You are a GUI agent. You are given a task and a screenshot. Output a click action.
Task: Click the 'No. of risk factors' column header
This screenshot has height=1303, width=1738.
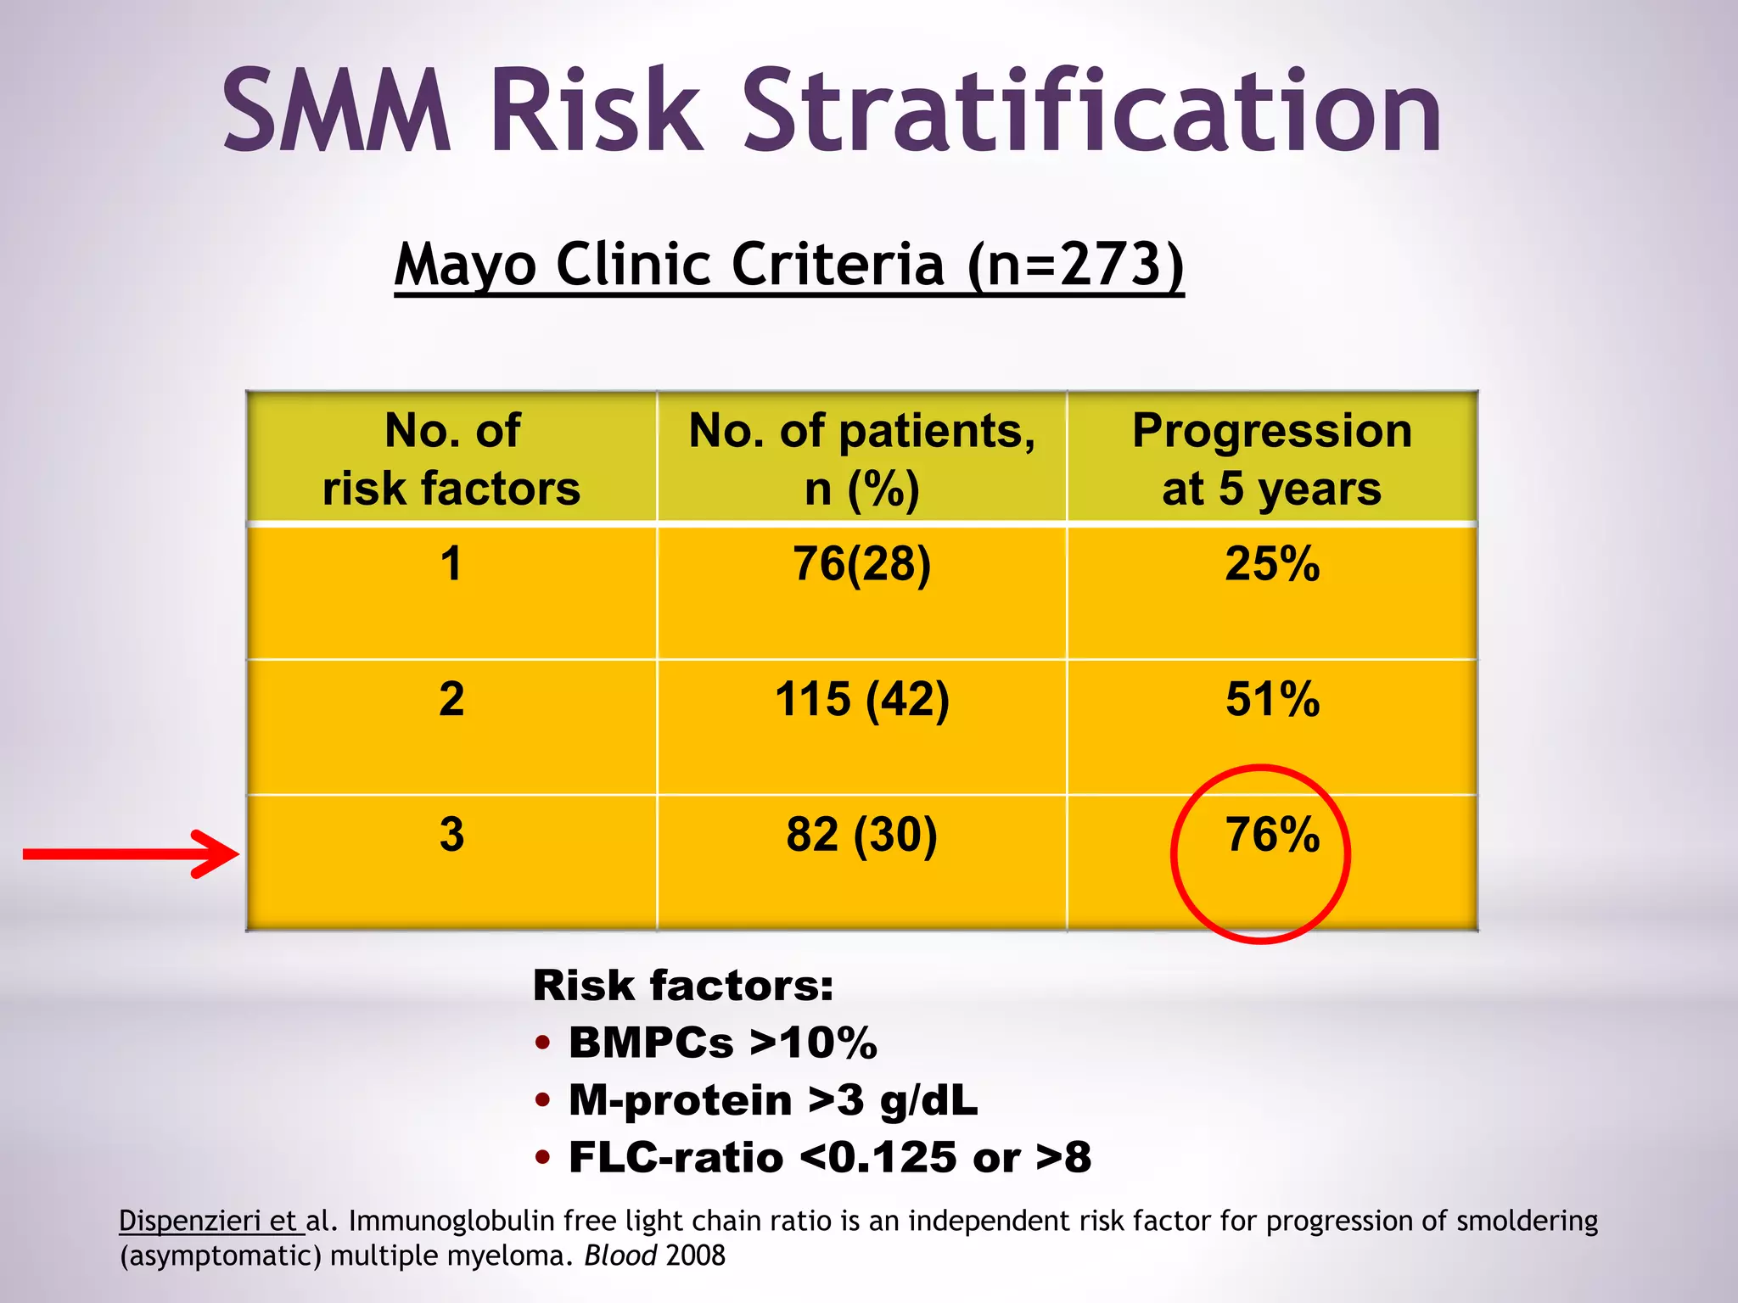[x=451, y=459]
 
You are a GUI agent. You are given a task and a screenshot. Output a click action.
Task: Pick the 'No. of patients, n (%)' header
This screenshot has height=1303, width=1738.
[x=861, y=459]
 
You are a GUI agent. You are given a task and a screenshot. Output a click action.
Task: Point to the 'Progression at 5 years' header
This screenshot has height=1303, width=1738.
[x=1271, y=459]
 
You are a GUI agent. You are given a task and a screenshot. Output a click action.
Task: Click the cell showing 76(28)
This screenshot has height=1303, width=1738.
[x=861, y=564]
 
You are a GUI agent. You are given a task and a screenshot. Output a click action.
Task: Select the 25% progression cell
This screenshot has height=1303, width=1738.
[x=1271, y=564]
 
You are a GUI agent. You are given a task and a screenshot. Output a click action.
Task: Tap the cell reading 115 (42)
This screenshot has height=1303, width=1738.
[x=861, y=700]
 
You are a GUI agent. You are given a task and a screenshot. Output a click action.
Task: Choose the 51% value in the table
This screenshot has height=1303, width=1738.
[x=1271, y=700]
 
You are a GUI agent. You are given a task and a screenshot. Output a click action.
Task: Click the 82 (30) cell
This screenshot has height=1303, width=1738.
[x=861, y=835]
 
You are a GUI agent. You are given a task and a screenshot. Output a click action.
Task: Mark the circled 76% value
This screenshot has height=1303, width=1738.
[x=1271, y=835]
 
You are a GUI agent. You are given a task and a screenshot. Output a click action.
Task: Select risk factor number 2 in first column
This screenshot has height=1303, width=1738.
[x=451, y=700]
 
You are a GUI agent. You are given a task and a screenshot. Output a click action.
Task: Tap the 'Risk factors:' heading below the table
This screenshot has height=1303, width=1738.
[x=683, y=986]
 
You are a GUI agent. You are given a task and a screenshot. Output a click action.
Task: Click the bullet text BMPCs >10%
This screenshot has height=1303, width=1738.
[x=722, y=1043]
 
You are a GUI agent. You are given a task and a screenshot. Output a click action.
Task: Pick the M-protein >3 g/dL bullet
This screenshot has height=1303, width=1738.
[x=772, y=1100]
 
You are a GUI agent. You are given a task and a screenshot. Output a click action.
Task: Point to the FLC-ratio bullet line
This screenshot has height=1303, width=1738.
[x=829, y=1158]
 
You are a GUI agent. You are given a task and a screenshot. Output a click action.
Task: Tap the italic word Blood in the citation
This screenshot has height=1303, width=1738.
[x=620, y=1255]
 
